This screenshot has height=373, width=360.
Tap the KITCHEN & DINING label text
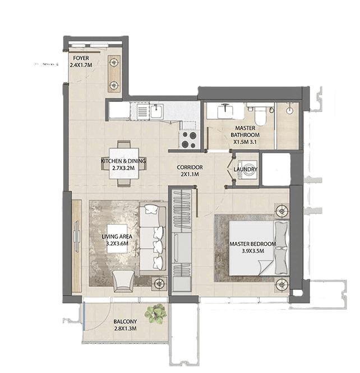123,161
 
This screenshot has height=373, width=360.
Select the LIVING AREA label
116,236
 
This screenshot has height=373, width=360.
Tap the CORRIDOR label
190,167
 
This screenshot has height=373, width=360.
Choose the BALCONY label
124,321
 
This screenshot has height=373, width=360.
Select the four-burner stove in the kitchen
189,139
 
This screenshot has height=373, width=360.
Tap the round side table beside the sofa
160,283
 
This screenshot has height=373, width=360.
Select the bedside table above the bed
281,211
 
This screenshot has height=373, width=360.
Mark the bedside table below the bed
281,283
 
